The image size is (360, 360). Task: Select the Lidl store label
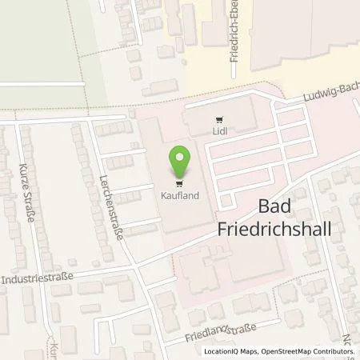click(219, 132)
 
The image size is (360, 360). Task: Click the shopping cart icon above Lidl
click(219, 120)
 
